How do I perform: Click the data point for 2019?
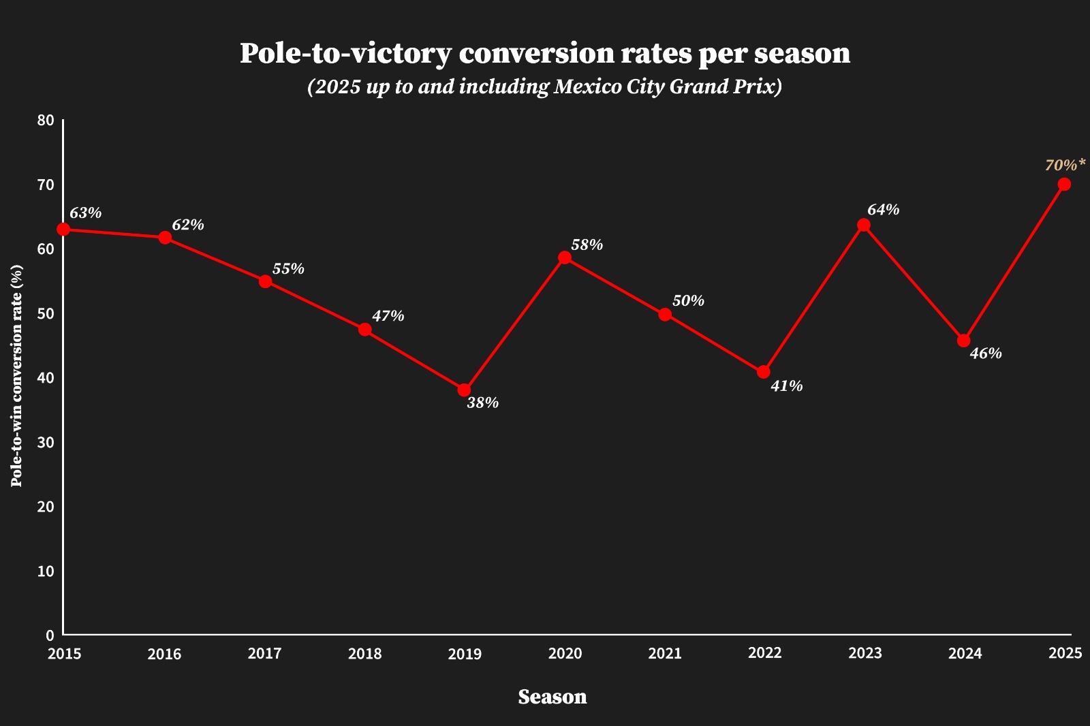[x=464, y=390]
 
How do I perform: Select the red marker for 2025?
[x=1064, y=185]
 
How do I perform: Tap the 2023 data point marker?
[x=864, y=225]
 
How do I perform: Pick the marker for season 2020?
[x=565, y=257]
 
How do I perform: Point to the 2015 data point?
[x=63, y=230]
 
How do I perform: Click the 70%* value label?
[x=1065, y=165]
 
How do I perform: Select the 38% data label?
[x=482, y=403]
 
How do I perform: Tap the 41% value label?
[x=786, y=386]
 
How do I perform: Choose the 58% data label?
[x=587, y=245]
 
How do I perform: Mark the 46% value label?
[x=985, y=353]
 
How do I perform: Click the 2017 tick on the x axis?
[x=264, y=654]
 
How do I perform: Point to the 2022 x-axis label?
[x=764, y=653]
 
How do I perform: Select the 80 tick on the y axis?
[x=46, y=121]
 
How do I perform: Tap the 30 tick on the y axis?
[x=46, y=443]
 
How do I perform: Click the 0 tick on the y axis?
[x=50, y=635]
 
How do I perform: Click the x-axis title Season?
[x=552, y=697]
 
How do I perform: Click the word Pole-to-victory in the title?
[x=345, y=54]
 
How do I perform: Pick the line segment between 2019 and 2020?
[x=514, y=324]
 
